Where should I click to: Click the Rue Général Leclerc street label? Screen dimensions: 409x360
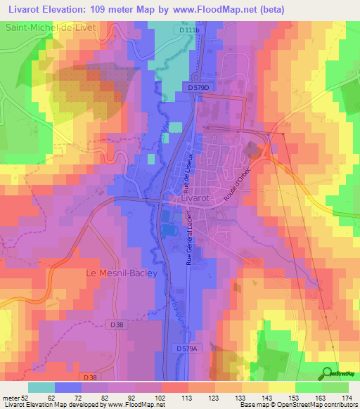coord(189,242)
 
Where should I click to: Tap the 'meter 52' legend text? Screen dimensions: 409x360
coord(15,397)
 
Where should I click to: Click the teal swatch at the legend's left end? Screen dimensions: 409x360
coord(41,387)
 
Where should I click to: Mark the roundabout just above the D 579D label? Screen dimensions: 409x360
coord(195,76)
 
